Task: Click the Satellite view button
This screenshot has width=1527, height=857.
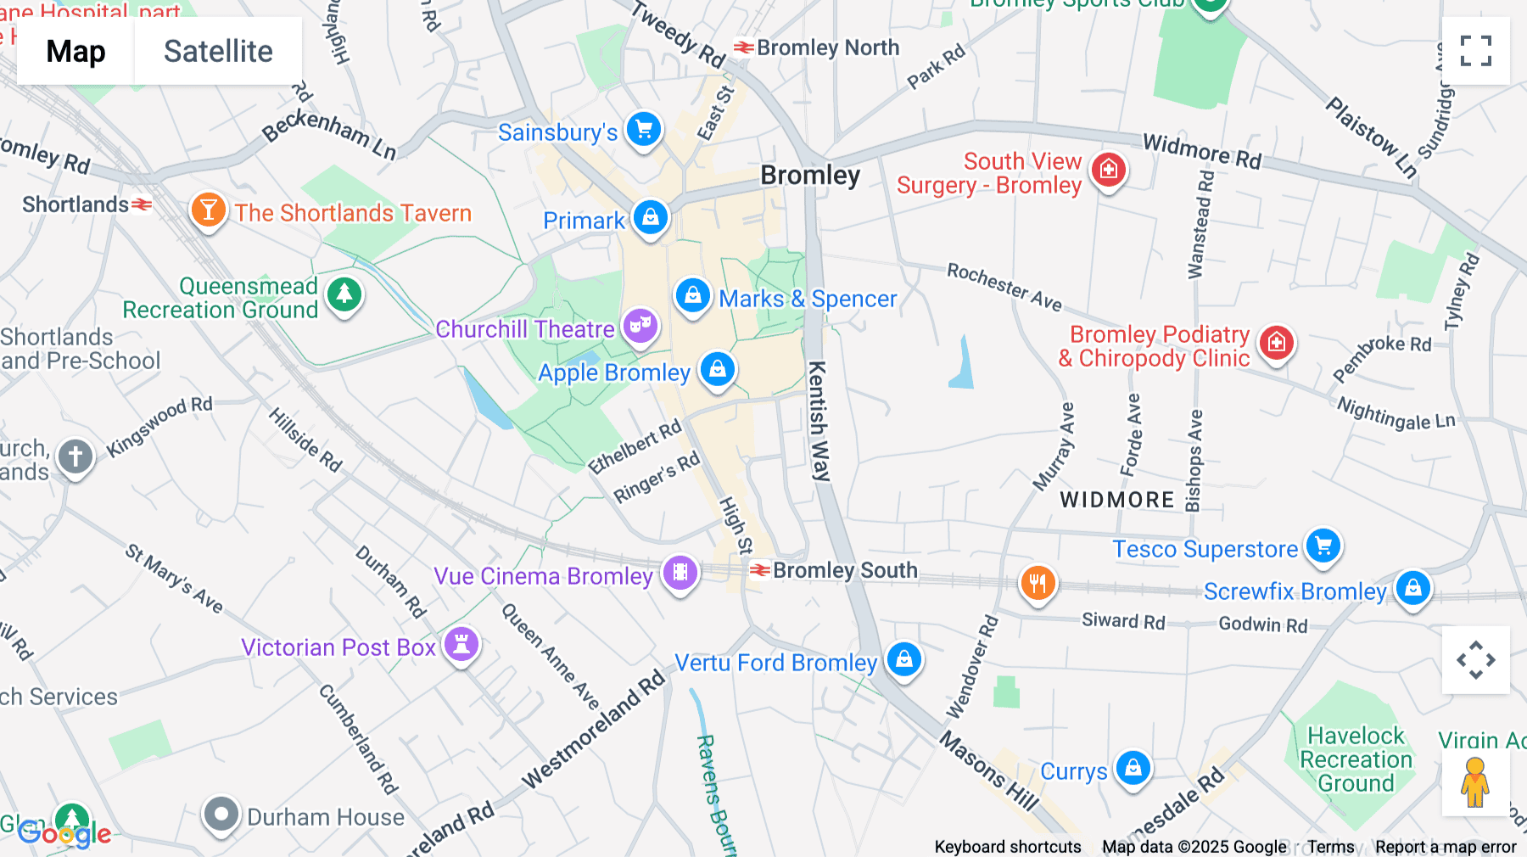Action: tap(218, 51)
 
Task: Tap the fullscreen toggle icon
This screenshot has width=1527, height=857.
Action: tap(1475, 51)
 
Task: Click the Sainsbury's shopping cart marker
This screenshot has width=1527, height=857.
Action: tap(644, 131)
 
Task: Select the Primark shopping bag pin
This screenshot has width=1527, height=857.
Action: tap(651, 218)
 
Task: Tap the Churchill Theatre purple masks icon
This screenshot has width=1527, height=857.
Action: tap(640, 327)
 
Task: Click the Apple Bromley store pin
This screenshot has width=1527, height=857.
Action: tap(718, 370)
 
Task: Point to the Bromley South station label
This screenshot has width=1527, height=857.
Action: tap(844, 570)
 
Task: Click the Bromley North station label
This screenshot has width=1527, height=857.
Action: tap(827, 48)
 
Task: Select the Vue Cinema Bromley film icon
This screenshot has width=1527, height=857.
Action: tap(680, 574)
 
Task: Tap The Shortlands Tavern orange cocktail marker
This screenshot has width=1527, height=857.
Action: tap(209, 210)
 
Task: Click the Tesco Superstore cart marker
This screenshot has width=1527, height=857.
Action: tap(1323, 546)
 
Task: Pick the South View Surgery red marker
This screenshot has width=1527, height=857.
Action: tap(1109, 171)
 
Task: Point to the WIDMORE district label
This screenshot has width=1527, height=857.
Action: tap(1117, 500)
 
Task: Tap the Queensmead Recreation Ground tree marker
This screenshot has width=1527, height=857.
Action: tap(344, 295)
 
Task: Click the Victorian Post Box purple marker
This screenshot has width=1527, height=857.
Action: tap(461, 645)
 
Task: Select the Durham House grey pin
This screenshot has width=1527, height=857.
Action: tap(221, 815)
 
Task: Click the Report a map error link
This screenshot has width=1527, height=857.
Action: tap(1446, 847)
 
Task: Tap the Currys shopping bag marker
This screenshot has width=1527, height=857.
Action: tap(1133, 768)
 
